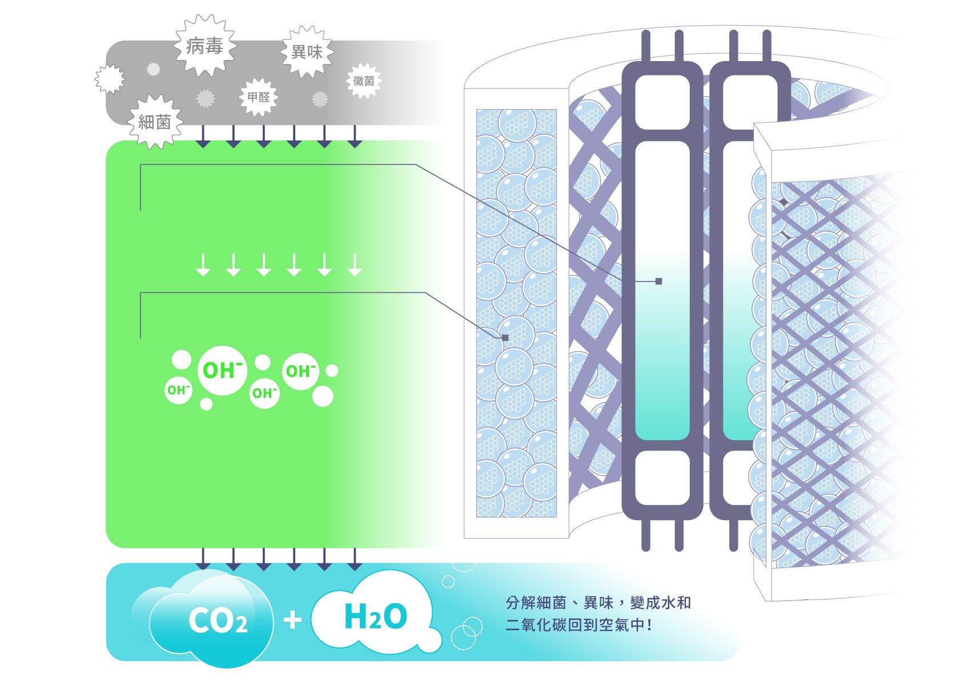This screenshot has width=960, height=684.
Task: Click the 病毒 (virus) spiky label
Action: coord(205,46)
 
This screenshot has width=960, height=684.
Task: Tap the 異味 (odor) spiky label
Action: coord(307,52)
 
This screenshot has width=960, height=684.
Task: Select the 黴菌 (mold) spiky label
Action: coord(364,81)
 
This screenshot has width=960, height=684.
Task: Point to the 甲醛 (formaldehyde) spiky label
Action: coord(259,97)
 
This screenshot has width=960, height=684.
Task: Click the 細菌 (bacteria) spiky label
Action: coord(155,122)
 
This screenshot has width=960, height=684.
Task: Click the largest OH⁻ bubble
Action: coord(222,371)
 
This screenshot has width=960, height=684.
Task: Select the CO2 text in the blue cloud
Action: coord(218,621)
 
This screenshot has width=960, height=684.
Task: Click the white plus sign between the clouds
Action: coord(292,619)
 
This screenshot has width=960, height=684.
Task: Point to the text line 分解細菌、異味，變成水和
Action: coord(599,602)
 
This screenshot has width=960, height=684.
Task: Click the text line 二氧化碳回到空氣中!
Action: coord(579,625)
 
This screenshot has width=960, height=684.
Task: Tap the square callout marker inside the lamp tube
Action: coord(658,281)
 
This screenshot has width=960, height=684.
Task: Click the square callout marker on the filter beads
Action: coord(505,337)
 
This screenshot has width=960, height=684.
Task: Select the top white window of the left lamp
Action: coord(662,102)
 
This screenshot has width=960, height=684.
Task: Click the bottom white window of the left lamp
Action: coord(662,477)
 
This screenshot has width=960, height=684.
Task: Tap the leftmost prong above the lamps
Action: coord(646,46)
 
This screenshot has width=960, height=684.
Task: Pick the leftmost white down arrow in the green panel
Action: coord(203,265)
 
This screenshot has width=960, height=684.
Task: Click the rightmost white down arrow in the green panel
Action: coord(355,265)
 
